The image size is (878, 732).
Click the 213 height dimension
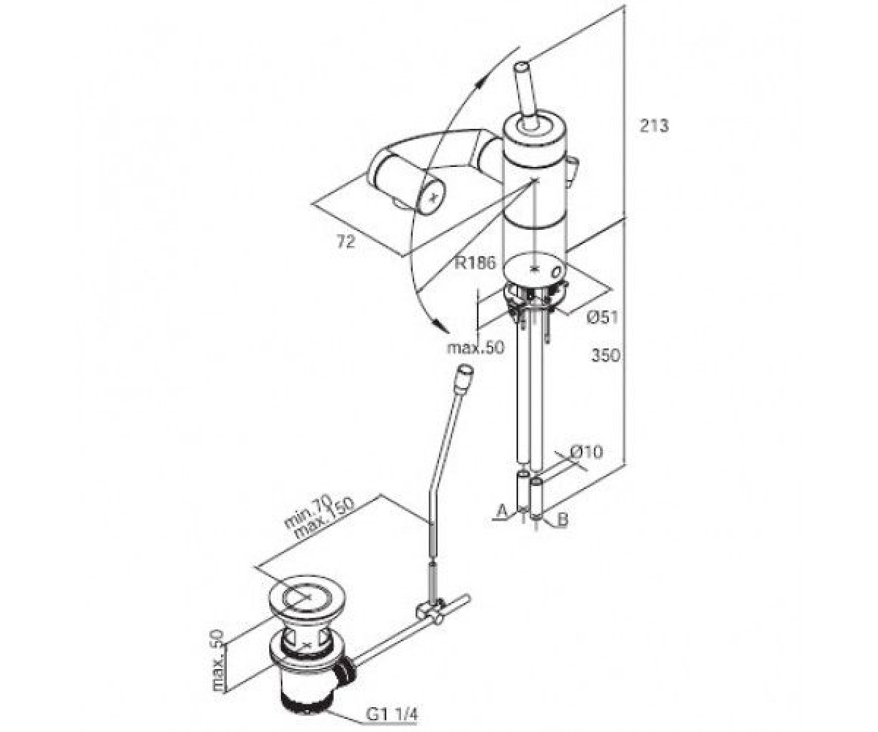(x=654, y=126)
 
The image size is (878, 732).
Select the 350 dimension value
(x=606, y=356)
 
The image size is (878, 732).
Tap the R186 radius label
(x=476, y=263)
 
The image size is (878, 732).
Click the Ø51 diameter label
(x=602, y=317)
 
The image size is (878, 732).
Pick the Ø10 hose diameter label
(x=587, y=452)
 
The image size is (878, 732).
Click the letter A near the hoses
(x=501, y=511)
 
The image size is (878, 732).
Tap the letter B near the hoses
(x=563, y=520)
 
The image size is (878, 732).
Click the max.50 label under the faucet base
(x=475, y=348)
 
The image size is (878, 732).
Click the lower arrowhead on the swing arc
(x=441, y=325)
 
